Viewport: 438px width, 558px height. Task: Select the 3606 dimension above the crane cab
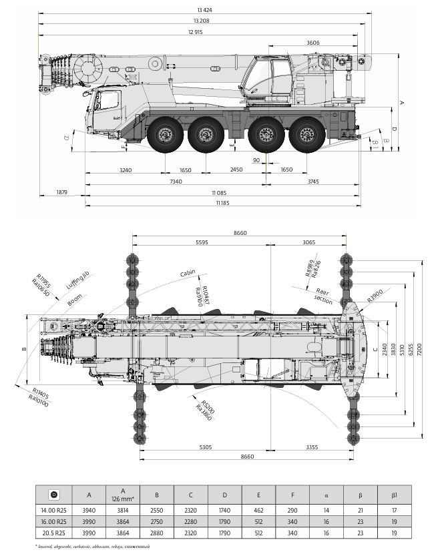click(x=312, y=43)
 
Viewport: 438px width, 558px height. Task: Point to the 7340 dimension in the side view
click(x=176, y=182)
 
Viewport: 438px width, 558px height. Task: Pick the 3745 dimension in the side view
click(x=312, y=182)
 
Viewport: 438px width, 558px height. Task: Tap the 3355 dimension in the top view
click(x=308, y=447)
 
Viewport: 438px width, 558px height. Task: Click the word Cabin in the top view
click(x=188, y=273)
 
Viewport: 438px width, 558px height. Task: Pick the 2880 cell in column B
click(x=157, y=533)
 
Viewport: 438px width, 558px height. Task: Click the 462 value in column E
click(x=258, y=511)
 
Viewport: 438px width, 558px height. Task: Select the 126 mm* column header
click(x=124, y=499)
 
